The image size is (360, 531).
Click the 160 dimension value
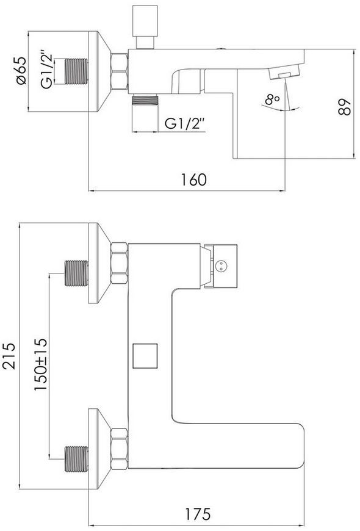click(193, 179)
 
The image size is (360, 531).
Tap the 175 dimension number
click(198, 513)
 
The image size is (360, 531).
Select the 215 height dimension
click(9, 356)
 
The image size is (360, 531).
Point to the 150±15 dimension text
click(41, 364)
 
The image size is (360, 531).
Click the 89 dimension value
click(345, 107)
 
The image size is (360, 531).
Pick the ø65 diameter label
click(20, 71)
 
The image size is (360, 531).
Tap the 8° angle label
click(272, 99)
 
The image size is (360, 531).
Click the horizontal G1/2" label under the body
click(185, 123)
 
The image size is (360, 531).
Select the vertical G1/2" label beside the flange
click(47, 70)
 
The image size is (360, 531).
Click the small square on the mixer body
click(145, 356)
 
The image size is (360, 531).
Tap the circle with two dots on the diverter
click(221, 265)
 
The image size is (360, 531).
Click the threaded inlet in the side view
click(76, 71)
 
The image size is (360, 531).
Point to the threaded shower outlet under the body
click(145, 100)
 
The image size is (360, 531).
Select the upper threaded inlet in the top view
click(76, 273)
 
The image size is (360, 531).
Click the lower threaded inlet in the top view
click(76, 459)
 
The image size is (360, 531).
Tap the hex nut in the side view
click(119, 71)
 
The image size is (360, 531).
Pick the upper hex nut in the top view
click(119, 263)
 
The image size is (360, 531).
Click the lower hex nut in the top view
click(119, 449)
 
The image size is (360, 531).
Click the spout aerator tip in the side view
click(284, 73)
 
